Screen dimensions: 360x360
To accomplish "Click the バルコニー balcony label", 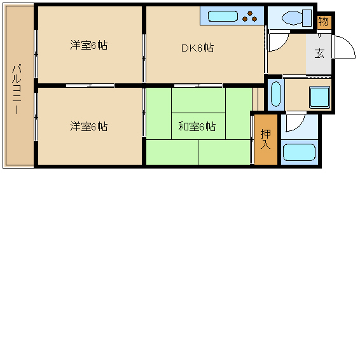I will (x=17, y=89).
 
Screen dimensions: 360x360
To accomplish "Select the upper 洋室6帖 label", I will (x=88, y=46).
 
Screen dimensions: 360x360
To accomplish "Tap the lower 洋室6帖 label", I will (x=88, y=127).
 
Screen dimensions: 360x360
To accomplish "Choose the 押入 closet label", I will (x=266, y=139).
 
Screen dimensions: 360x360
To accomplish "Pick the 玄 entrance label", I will (x=319, y=53).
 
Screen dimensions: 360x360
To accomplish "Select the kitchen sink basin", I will (x=222, y=15).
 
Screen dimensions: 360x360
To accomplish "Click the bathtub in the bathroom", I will (x=298, y=153).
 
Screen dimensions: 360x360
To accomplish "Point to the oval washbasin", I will (x=275, y=94).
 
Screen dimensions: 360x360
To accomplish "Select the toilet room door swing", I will (x=278, y=40).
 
